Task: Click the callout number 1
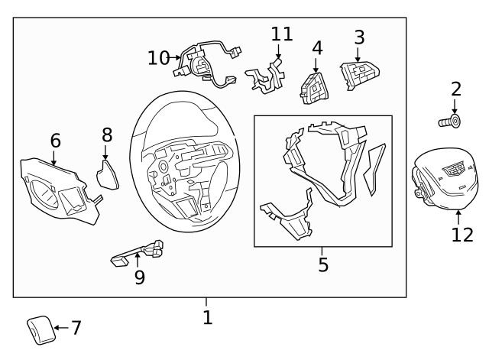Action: [207, 316]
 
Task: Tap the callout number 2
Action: [456, 89]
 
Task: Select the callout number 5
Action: [322, 264]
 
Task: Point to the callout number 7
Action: [76, 328]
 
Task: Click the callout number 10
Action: [158, 57]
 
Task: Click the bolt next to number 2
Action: [450, 121]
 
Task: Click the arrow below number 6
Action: [54, 158]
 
